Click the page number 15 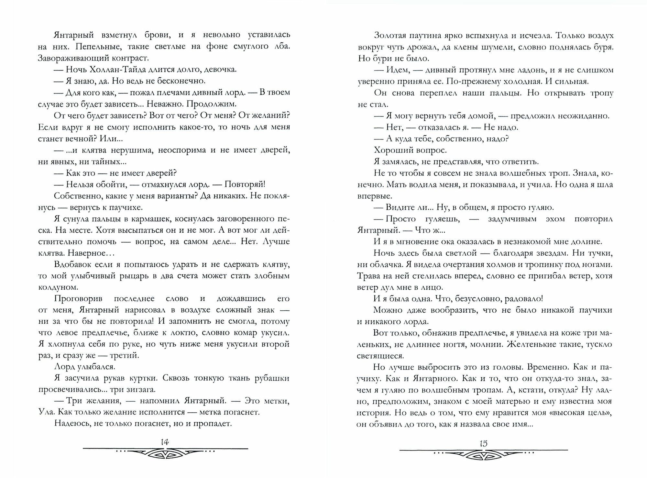coord(483,443)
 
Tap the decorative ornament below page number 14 coord(165,454)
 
